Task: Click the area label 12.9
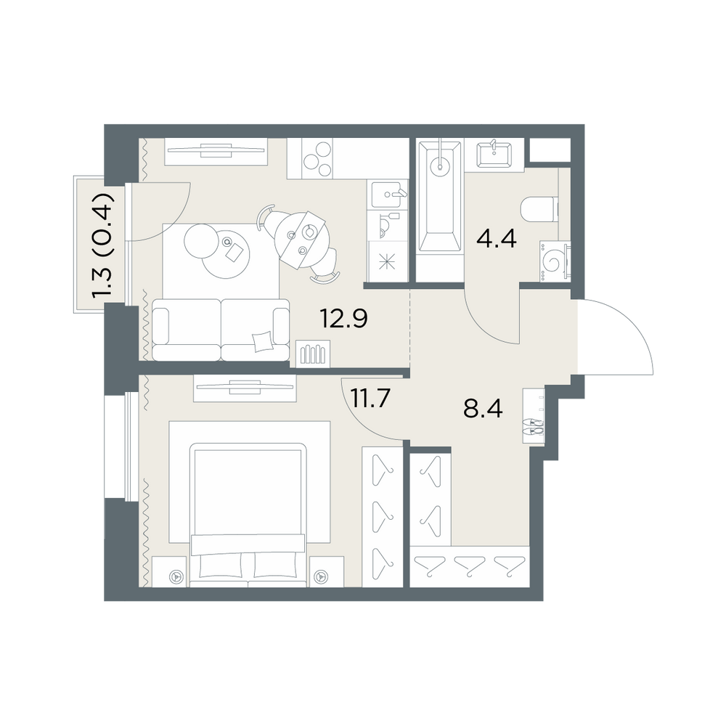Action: (x=343, y=319)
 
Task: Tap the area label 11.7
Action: (x=371, y=398)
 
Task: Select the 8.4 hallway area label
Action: (x=483, y=408)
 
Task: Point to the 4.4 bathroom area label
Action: (x=497, y=239)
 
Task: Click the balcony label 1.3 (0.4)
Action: (x=103, y=245)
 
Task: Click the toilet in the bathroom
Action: (x=540, y=211)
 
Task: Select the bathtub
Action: (x=440, y=197)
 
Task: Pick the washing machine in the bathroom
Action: (x=555, y=261)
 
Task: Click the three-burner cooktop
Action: (x=318, y=158)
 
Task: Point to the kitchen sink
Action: (x=388, y=195)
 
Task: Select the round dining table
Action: (x=296, y=240)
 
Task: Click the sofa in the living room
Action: (x=221, y=330)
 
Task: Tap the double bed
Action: (x=248, y=515)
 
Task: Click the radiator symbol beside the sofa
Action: (x=313, y=354)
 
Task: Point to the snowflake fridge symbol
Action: (x=388, y=261)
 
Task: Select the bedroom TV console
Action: (x=245, y=388)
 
